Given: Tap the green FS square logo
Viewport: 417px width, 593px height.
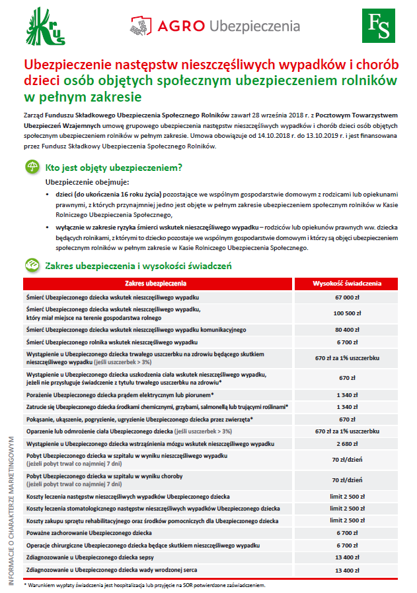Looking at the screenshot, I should click(x=379, y=26).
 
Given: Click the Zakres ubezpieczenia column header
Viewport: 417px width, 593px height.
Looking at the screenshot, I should click(x=156, y=284).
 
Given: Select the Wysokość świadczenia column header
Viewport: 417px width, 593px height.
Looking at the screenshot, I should click(x=346, y=284).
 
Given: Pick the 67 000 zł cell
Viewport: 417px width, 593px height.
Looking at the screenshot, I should click(x=346, y=297).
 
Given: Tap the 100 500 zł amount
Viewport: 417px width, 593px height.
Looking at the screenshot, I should click(x=346, y=313).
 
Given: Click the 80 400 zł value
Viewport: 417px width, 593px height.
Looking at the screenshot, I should click(x=346, y=328).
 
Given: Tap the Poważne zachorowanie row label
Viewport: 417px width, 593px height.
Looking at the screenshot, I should click(x=89, y=532).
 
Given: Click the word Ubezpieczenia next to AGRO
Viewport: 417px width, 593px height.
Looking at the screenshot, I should click(x=254, y=26).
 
